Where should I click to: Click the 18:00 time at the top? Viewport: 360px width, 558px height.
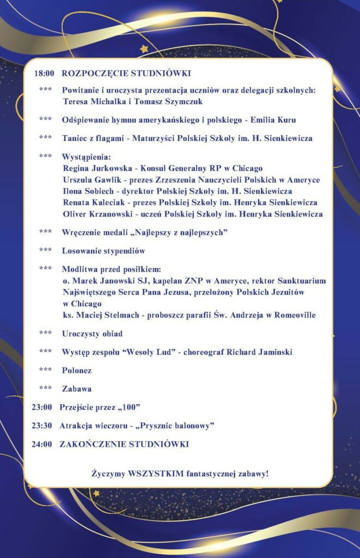[44, 73]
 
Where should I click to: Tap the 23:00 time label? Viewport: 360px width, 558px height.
[42, 407]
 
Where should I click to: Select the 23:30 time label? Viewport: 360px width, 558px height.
[42, 426]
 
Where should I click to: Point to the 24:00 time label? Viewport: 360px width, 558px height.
[42, 444]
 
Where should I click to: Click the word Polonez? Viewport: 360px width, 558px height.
[77, 371]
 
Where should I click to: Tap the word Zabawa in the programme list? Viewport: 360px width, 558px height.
[77, 389]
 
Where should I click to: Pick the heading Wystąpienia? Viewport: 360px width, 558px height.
[86, 157]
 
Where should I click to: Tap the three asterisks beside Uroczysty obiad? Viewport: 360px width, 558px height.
[46, 333]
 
